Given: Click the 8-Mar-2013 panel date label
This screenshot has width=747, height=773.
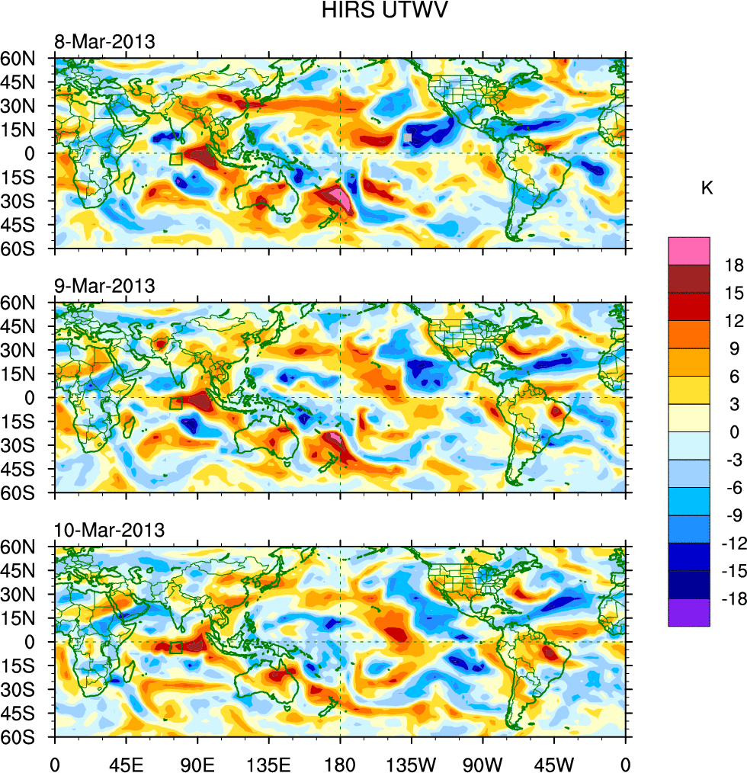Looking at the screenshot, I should pos(104,41).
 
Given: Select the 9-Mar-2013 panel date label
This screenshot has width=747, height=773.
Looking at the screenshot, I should pos(104,286).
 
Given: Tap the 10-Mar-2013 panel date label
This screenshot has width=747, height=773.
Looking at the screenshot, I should pos(108,530).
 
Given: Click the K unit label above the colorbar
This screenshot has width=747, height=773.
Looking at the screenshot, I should pos(707,188).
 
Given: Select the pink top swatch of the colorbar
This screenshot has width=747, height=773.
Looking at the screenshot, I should pos(689,250).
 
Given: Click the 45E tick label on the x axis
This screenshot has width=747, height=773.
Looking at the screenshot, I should pos(127,762).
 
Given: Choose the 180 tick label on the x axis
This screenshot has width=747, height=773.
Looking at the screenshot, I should pos(340,762).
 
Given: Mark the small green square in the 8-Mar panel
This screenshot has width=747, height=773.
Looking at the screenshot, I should pos(176,159).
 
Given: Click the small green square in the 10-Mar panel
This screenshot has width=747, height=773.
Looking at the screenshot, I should pos(176,648).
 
